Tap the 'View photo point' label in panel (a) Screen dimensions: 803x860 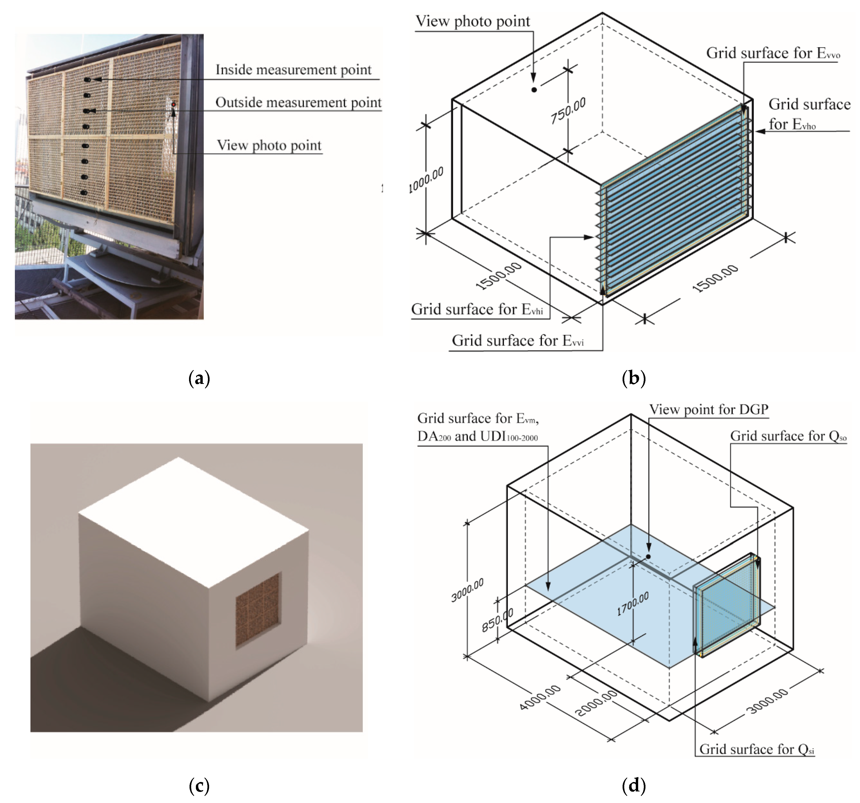(269, 145)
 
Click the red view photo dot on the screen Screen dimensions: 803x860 (173, 105)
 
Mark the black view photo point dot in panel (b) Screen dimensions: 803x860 (534, 89)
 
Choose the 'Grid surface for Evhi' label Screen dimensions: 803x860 (477, 310)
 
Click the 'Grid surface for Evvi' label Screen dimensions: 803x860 (518, 341)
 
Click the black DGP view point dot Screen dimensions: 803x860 (648, 556)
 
